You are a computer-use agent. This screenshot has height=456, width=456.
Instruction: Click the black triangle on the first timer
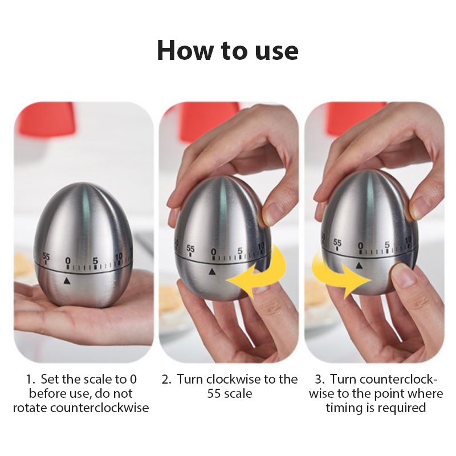click(67, 280)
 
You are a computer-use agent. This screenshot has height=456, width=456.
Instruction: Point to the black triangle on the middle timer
click(212, 272)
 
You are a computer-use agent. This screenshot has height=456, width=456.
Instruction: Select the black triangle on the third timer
click(360, 265)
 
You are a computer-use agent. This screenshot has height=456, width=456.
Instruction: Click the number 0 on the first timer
click(68, 260)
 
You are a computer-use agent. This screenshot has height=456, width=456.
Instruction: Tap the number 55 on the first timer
click(46, 256)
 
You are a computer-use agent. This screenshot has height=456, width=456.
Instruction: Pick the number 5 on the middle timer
click(240, 250)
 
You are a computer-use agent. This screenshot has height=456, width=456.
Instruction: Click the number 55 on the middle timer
click(190, 249)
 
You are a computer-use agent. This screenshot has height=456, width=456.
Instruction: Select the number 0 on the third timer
click(361, 246)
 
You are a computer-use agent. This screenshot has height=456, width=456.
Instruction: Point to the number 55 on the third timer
click(337, 242)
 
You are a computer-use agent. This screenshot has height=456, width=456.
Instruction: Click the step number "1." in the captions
click(31, 379)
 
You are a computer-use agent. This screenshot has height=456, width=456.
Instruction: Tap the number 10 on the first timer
click(119, 257)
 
